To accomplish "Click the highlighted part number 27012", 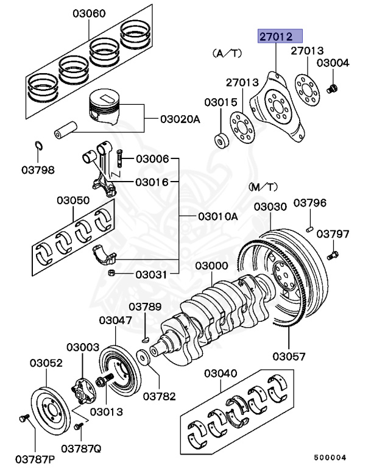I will [279, 37].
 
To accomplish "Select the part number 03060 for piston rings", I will [89, 13].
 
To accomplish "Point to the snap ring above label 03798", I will [38, 146].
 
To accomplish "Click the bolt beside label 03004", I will [333, 89].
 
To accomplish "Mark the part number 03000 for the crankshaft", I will [212, 266].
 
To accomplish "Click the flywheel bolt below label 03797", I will [333, 252].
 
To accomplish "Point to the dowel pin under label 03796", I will [310, 229].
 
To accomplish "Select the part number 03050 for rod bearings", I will [74, 200].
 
